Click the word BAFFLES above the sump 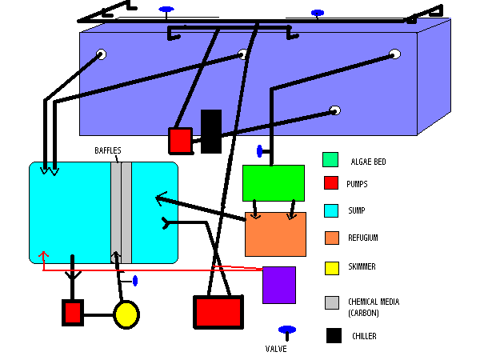[x=108, y=150]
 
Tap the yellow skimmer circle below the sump [x=126, y=314]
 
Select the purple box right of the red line [x=279, y=285]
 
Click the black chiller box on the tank [x=211, y=131]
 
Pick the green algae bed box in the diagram [x=274, y=183]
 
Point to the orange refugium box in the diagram [x=275, y=234]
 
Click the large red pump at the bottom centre [x=218, y=311]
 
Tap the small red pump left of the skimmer [x=73, y=312]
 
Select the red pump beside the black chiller [x=180, y=140]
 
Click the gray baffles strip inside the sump [x=121, y=212]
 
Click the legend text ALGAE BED [x=368, y=162]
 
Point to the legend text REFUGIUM [x=363, y=238]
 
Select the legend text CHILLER [x=364, y=337]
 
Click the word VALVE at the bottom [x=277, y=349]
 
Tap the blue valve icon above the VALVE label [x=286, y=330]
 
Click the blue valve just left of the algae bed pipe [x=259, y=150]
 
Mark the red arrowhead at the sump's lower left [x=43, y=257]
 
